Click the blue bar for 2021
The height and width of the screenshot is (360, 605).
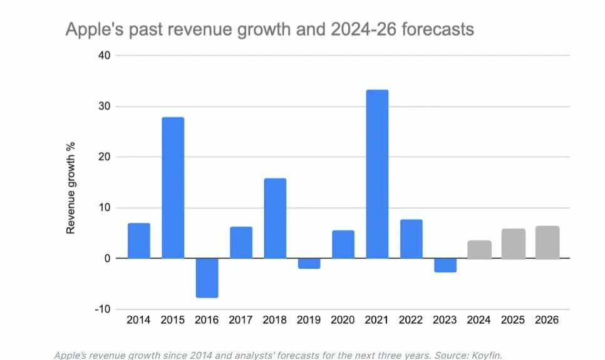(377, 174)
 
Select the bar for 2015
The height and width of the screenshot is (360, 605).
(173, 188)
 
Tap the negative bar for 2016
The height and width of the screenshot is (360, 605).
(207, 277)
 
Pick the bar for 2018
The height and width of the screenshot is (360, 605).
(275, 219)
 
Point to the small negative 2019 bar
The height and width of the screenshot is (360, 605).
(309, 264)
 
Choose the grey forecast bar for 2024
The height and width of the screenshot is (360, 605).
(479, 250)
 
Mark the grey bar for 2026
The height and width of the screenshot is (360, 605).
(547, 242)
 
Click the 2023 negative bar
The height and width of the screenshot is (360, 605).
(445, 265)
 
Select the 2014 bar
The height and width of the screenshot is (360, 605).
(139, 241)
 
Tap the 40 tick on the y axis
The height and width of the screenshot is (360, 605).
(104, 56)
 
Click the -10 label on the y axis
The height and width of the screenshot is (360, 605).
(101, 309)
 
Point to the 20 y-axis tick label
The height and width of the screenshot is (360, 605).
(104, 157)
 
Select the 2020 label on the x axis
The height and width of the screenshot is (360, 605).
(343, 320)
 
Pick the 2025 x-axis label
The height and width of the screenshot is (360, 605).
(513, 320)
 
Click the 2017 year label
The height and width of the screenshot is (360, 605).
(240, 320)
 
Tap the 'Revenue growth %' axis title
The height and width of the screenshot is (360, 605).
(71, 188)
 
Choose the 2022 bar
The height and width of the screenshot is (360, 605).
(411, 239)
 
